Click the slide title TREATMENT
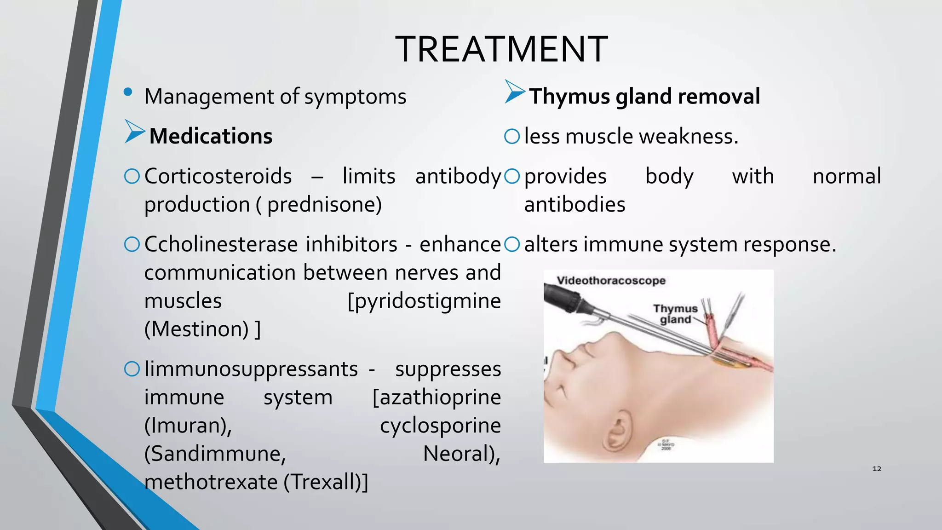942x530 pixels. (501, 49)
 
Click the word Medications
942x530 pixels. (211, 137)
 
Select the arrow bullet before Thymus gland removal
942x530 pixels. (514, 92)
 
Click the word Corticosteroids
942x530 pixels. (218, 177)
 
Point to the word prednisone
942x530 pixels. (320, 205)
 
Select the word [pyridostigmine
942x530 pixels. (424, 301)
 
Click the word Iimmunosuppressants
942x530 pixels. (251, 369)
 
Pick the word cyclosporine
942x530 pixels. (440, 426)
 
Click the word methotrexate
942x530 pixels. (211, 482)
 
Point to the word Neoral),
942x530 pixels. (461, 454)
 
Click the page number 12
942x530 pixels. (877, 469)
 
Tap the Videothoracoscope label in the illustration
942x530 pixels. (611, 281)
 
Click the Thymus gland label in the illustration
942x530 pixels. (675, 314)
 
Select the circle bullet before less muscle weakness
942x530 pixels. (512, 137)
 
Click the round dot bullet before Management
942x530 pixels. (128, 92)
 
